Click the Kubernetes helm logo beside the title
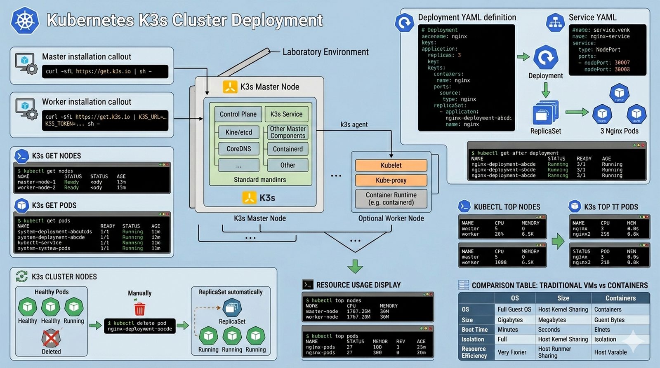(x=25, y=21)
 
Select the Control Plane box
(x=238, y=114)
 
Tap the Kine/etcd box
(x=238, y=132)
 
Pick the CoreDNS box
(x=238, y=149)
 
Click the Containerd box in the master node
(x=288, y=149)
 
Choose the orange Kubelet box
(x=391, y=165)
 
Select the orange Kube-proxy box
(x=391, y=180)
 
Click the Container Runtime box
(x=391, y=199)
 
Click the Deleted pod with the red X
(x=51, y=339)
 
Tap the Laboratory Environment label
(x=325, y=52)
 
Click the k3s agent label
(x=354, y=124)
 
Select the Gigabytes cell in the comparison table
(x=510, y=320)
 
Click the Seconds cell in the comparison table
(x=549, y=330)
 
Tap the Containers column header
(x=620, y=298)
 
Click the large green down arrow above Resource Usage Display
(x=355, y=266)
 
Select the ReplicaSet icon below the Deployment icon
(x=545, y=113)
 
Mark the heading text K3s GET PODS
(x=54, y=205)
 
